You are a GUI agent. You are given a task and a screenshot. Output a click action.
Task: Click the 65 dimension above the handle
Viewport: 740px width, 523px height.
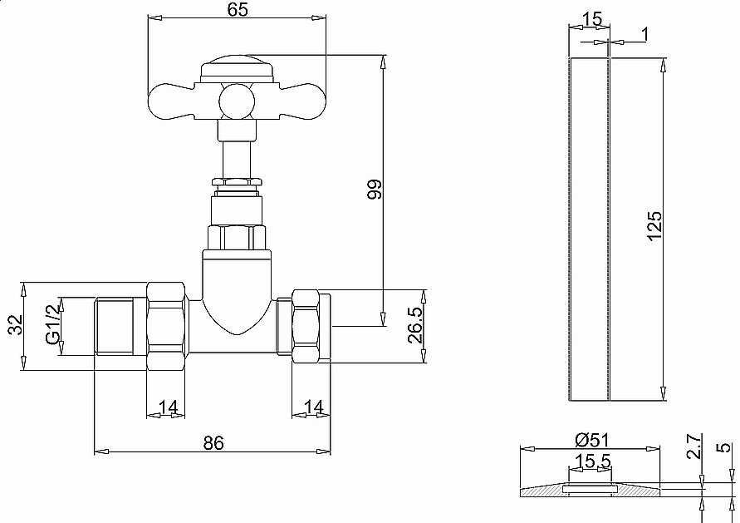(237, 10)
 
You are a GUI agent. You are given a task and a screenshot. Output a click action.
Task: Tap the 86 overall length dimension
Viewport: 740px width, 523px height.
(213, 443)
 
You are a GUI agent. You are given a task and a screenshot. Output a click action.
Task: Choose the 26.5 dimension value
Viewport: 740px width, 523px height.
(415, 326)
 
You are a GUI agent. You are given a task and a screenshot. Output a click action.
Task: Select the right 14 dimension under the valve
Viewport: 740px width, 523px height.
(313, 407)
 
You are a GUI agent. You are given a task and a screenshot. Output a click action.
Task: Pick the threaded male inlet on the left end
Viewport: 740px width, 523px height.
(120, 326)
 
